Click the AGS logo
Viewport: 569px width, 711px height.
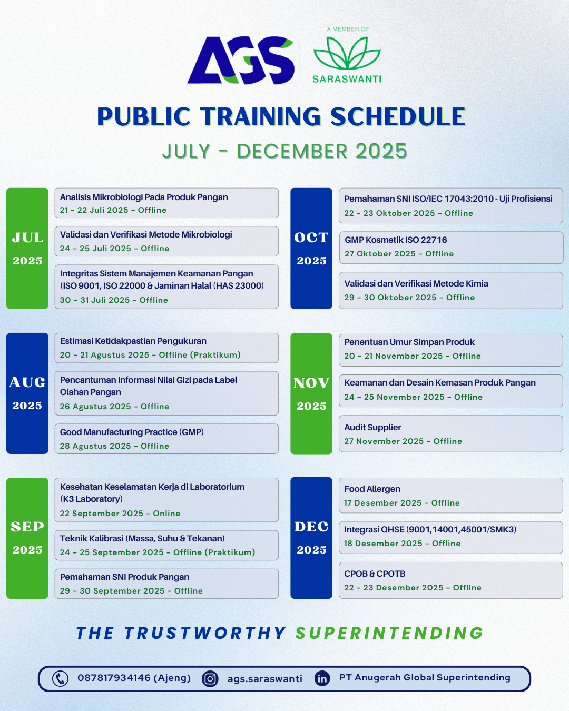241,60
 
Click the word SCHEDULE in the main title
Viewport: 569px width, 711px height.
398,116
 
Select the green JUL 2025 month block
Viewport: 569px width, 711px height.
27,248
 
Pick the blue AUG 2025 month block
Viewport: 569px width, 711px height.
27,393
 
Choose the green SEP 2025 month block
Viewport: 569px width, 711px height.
27,538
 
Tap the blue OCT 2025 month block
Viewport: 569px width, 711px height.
311,248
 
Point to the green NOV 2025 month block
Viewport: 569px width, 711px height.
311,393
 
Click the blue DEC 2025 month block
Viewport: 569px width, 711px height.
311,538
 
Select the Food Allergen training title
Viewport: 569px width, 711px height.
372,489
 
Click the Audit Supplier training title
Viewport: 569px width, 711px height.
372,427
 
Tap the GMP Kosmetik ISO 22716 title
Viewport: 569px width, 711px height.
396,240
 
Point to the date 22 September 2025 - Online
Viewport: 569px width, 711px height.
120,513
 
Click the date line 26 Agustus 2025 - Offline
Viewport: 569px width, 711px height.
114,407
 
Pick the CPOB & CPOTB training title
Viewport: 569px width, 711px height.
375,574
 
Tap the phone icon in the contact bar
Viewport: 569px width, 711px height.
60,679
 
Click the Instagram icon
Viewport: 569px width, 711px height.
210,679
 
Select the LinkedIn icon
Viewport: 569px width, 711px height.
322,679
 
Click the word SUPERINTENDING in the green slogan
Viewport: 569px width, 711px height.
389,633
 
